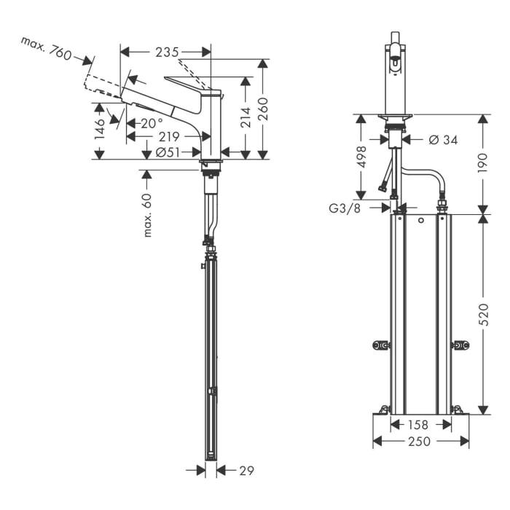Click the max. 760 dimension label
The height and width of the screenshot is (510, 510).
pyautogui.click(x=46, y=50)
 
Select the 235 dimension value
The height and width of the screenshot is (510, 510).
pyautogui.click(x=167, y=52)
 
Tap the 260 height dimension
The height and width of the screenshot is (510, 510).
pyautogui.click(x=264, y=109)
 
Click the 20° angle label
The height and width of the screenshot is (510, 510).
pyautogui.click(x=151, y=123)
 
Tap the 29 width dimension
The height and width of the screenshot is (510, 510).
pyautogui.click(x=246, y=471)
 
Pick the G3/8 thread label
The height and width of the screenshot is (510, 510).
pyautogui.click(x=345, y=208)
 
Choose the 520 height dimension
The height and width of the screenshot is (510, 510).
pyautogui.click(x=484, y=315)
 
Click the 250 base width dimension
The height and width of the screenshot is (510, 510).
pyautogui.click(x=420, y=442)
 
